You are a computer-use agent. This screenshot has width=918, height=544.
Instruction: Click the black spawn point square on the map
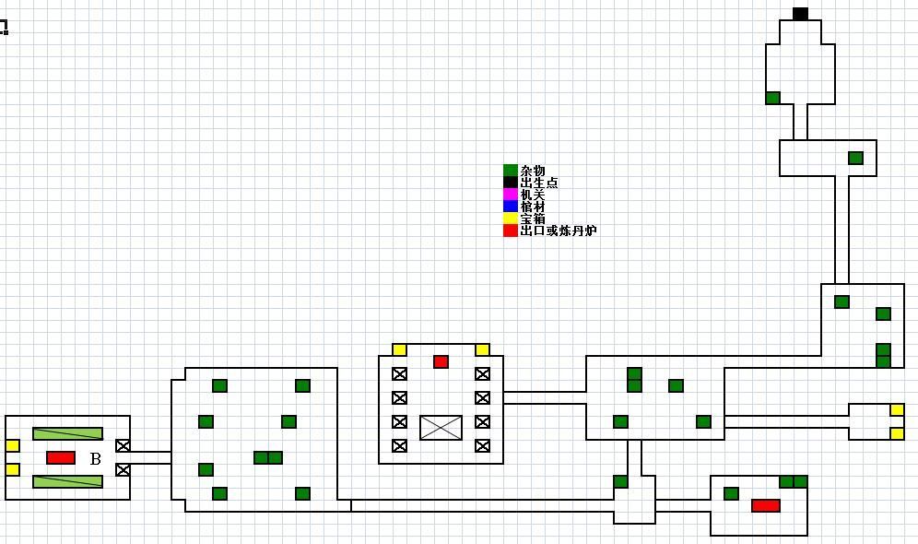point(800,14)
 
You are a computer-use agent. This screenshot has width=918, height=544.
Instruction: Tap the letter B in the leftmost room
point(95,458)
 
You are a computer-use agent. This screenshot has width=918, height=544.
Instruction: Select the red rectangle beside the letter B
point(61,457)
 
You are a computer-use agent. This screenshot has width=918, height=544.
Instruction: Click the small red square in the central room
point(441,361)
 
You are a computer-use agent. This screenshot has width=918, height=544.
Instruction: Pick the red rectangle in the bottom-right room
point(766,505)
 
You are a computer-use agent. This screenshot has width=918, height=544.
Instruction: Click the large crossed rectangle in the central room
point(441,428)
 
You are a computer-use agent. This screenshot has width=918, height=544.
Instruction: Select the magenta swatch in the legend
point(510,195)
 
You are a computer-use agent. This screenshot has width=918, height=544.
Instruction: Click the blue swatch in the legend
point(510,207)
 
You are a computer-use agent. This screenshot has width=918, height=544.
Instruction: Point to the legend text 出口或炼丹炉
point(558,231)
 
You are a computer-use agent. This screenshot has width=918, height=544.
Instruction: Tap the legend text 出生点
point(538,183)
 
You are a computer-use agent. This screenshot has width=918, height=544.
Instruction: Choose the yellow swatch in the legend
point(510,219)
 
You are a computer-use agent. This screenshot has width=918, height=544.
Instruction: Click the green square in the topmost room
point(772,98)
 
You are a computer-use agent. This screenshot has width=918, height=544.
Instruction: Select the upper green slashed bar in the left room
point(67,433)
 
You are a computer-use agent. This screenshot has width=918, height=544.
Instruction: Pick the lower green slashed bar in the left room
point(67,481)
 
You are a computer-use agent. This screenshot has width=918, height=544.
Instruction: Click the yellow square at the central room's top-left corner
point(399,349)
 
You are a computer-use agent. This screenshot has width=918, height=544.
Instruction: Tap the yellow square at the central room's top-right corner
point(482,349)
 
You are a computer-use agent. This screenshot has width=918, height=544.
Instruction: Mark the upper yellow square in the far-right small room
point(897,409)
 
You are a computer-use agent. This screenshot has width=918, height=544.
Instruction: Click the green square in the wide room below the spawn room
point(855,158)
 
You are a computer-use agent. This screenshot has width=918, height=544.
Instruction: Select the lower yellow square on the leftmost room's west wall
point(12,469)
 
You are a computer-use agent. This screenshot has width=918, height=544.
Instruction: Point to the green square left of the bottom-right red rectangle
point(731,493)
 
